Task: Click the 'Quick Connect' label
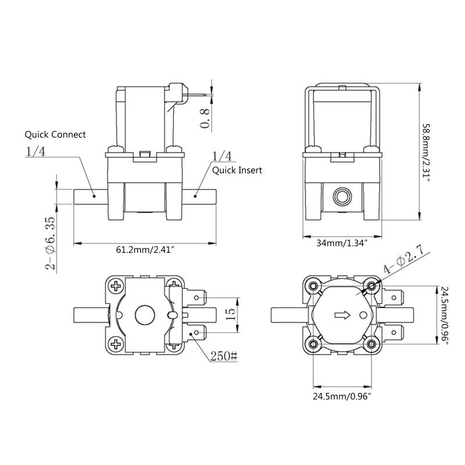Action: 55,135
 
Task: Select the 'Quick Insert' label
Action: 237,170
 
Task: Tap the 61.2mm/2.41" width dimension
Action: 144,250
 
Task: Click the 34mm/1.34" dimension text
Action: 342,243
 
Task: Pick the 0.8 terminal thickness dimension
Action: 205,118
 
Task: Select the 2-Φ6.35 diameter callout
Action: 50,243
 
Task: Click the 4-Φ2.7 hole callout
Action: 405,259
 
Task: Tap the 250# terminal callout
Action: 224,356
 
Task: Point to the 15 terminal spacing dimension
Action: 230,314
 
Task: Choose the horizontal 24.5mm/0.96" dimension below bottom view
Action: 342,396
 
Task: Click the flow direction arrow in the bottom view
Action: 342,315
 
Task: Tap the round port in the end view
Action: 342,196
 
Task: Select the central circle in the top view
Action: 145,314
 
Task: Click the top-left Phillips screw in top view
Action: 116,287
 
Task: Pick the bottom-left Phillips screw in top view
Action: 116,344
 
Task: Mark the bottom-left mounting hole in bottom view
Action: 313,344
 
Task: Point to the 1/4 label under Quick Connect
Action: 35,152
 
